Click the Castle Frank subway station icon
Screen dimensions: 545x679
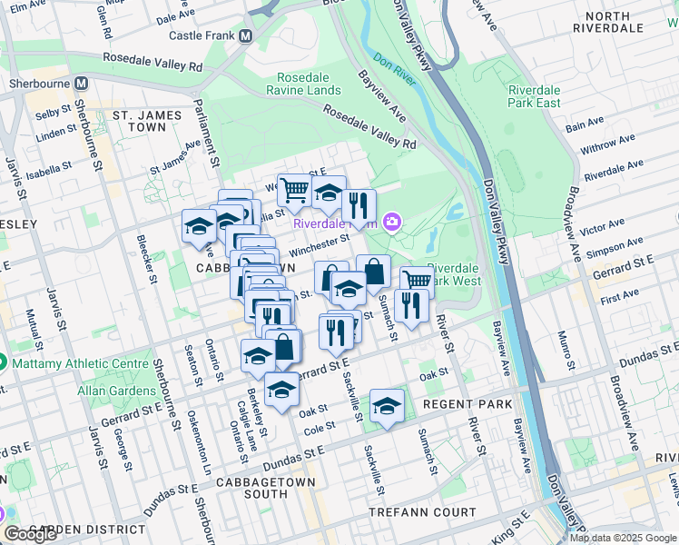coord(245,36)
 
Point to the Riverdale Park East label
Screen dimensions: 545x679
coord(546,96)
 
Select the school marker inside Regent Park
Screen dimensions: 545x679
coord(387,406)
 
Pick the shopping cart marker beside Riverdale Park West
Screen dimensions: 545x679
coord(416,280)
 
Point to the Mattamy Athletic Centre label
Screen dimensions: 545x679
coord(78,363)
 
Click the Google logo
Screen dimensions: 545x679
coord(32,534)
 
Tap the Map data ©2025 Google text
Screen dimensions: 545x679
coord(623,538)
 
